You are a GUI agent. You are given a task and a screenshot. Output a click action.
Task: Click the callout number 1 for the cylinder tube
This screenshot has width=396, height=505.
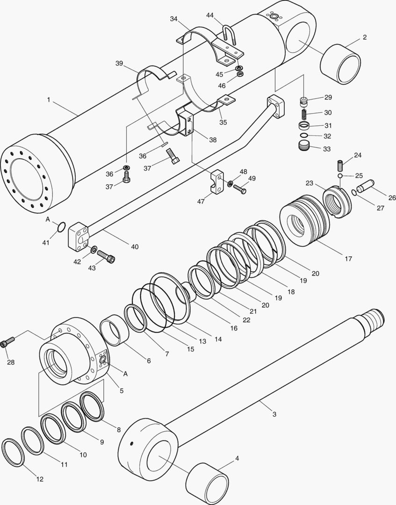[x=48, y=100]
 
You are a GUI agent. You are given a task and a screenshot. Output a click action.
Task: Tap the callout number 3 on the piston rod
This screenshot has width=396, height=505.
[x=274, y=414]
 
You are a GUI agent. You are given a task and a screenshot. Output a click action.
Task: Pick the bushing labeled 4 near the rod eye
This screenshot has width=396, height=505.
[x=207, y=482]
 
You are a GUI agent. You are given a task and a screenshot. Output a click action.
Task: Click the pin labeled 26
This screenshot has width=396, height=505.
[x=367, y=186]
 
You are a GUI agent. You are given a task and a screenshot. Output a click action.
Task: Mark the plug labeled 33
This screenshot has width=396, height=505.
[x=304, y=146]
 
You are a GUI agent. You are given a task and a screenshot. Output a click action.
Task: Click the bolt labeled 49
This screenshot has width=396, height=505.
[x=240, y=189]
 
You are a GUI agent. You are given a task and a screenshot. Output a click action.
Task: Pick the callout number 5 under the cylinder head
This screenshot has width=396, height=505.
[x=121, y=390]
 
